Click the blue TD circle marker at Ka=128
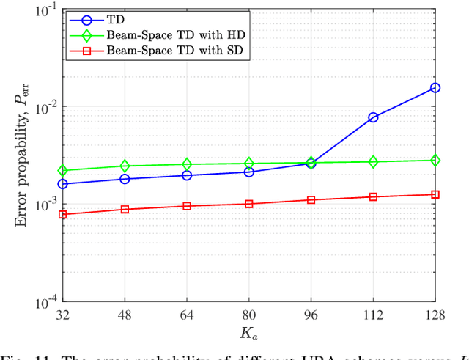435,88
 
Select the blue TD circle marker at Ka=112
373,117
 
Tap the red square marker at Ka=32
63,214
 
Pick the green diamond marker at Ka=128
435,160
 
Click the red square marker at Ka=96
311,199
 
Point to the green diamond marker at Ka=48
125,166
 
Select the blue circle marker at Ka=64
187,175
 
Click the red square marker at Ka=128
435,194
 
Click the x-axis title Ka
249,334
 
